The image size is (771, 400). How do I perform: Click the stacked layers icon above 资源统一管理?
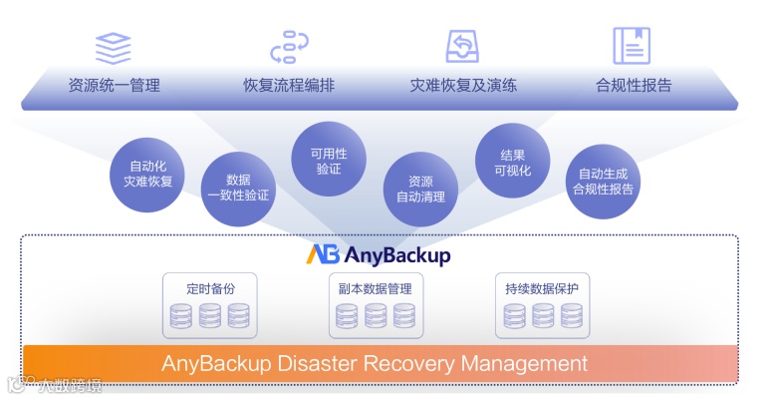(x=114, y=47)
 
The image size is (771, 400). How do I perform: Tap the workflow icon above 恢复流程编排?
(x=289, y=47)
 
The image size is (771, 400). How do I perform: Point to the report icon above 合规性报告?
(x=633, y=47)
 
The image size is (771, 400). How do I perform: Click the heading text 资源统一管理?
(x=114, y=85)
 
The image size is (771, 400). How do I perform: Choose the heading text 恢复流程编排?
(x=289, y=85)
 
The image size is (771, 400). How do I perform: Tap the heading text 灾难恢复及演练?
(x=463, y=85)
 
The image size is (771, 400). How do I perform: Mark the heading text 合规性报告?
(x=633, y=85)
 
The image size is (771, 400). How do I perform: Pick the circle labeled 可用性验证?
(x=329, y=161)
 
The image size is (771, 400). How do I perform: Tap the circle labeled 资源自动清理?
(x=420, y=189)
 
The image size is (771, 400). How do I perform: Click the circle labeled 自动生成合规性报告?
(x=604, y=181)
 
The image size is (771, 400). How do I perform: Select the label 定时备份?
(x=210, y=289)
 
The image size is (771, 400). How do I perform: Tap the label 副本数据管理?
(x=375, y=289)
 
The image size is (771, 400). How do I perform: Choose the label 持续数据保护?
(x=542, y=289)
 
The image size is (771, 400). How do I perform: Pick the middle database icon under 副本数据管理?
(x=375, y=315)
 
